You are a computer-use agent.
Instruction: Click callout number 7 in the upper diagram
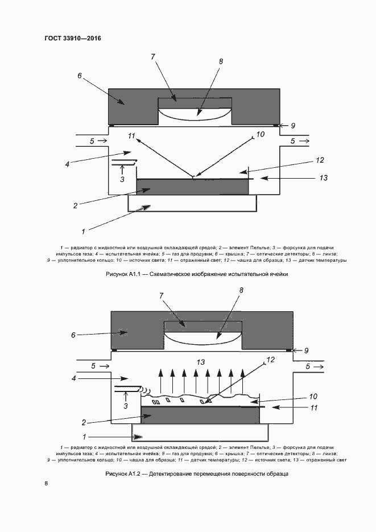pos(152,56)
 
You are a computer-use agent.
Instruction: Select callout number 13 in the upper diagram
pos(324,178)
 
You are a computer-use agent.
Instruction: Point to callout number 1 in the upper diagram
pos(83,231)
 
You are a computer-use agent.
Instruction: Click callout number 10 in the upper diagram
pos(261,134)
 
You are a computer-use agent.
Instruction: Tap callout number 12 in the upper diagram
pos(320,160)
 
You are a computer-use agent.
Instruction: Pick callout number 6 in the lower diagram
pos(73,335)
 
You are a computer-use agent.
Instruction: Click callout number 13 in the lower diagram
pos(200,362)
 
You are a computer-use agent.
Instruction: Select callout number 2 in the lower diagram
pos(83,422)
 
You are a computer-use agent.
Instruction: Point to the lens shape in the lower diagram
pos(203,337)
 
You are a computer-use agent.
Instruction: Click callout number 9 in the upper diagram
pos(293,125)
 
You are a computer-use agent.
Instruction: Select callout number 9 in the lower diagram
pos(306,350)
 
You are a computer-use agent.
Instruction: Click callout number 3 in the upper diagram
pos(121,179)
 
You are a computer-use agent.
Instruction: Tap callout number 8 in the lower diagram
pos(241,290)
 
